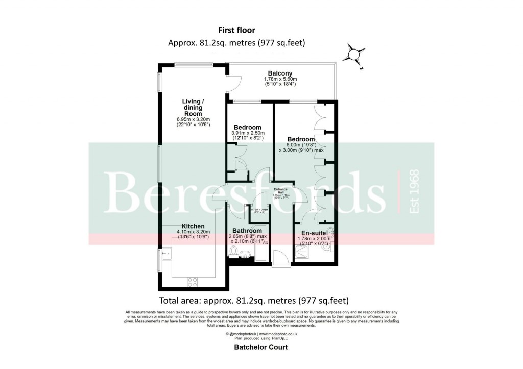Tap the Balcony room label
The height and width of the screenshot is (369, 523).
278,73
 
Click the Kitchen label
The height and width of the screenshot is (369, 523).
193,226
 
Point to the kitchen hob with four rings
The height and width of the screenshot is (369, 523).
193,281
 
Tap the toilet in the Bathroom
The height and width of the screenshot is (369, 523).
234,251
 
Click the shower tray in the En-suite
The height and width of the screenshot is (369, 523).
306,252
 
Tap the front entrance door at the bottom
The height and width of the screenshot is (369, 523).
280,259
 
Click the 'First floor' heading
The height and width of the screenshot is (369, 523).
236,31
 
